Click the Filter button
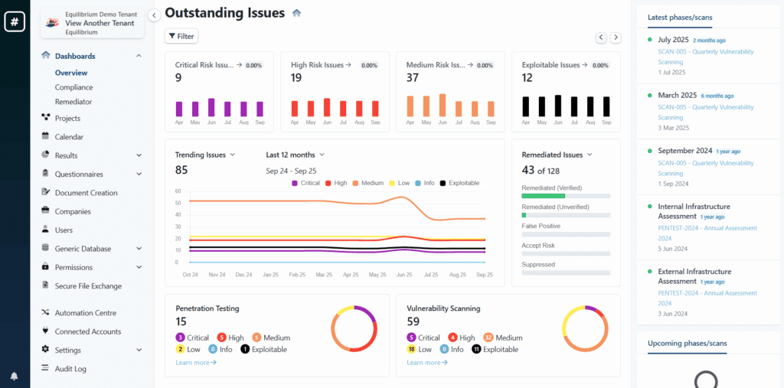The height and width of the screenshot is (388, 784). coord(181,36)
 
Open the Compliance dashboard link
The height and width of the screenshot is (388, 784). coord(73,87)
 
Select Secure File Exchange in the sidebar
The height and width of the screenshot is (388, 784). coord(87,286)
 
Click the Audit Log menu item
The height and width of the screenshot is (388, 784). coord(70,369)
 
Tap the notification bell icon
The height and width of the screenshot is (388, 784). coord(14,376)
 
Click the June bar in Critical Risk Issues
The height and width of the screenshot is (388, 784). coord(211,107)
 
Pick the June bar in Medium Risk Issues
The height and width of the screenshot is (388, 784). coord(442,105)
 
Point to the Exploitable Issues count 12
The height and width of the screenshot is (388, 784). coord(527,77)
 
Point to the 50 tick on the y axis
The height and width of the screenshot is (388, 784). coord(178,203)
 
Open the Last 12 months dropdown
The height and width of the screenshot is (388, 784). coord(295,155)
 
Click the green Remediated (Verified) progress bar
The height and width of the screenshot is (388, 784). coord(543,196)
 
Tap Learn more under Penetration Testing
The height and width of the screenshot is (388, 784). coord(195,362)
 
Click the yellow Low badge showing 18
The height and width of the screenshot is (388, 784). coord(411,349)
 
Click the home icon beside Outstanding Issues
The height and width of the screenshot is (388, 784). coord(297,13)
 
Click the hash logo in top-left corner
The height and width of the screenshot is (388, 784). coord(14,22)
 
